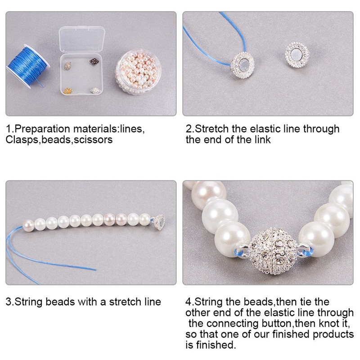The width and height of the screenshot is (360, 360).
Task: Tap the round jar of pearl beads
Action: click(x=138, y=72)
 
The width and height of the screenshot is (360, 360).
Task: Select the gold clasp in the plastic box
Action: click(x=67, y=91)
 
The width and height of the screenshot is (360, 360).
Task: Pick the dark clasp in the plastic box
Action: click(x=94, y=62)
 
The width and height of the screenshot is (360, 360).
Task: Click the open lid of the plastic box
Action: click(x=82, y=40)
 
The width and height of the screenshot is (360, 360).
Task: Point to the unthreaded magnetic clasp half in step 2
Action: click(x=297, y=55)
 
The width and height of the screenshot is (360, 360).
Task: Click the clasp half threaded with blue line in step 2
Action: click(x=243, y=65)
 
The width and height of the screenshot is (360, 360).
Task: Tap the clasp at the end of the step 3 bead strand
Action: click(x=160, y=222)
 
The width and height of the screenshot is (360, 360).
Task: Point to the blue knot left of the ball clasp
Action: click(x=239, y=252)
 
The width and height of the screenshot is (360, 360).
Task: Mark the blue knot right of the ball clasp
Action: click(x=307, y=252)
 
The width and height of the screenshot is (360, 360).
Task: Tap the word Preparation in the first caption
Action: click(x=42, y=129)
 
